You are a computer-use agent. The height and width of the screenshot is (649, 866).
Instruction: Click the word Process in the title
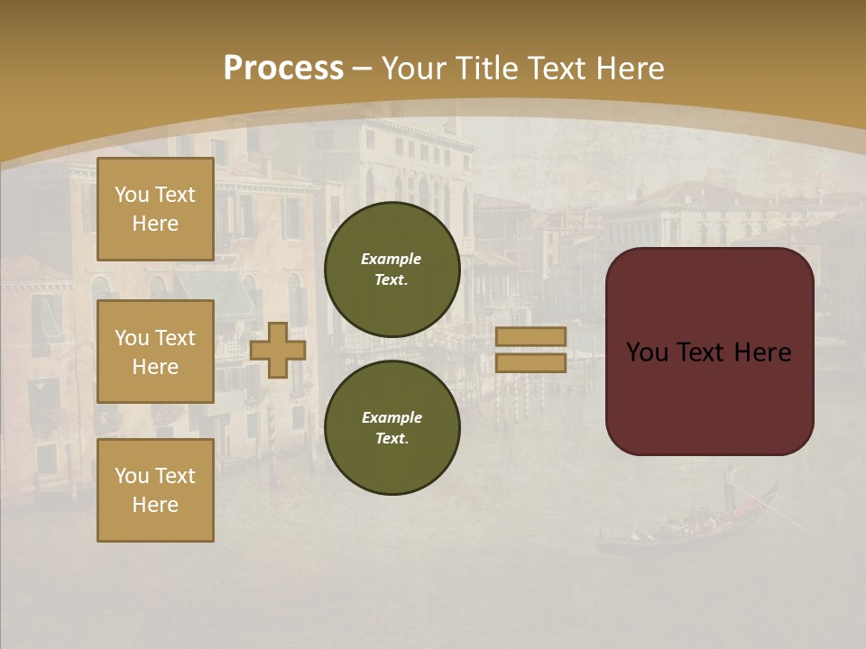tap(283, 69)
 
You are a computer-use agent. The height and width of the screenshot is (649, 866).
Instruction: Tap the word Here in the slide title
tap(629, 69)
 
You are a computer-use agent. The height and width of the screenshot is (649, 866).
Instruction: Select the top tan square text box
tap(155, 209)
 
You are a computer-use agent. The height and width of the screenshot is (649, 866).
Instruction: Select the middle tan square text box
tap(155, 352)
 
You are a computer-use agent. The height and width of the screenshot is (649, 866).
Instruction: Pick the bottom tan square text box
tap(155, 490)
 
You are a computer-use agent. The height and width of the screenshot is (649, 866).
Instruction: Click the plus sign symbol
tap(277, 350)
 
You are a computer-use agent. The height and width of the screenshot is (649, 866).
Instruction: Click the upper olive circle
tap(392, 270)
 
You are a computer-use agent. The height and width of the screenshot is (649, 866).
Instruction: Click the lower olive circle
tap(392, 428)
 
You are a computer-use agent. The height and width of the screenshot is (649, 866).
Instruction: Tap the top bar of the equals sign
tap(530, 336)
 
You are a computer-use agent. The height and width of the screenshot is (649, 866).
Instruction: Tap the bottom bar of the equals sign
tap(530, 362)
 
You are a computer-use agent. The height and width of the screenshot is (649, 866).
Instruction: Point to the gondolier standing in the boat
tap(730, 487)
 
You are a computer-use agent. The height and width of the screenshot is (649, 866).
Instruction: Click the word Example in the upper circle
tap(391, 259)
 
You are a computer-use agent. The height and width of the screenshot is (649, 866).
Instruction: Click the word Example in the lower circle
tap(392, 417)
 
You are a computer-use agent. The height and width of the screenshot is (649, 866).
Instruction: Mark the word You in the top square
tap(132, 195)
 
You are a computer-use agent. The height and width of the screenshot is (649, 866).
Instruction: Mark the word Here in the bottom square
tap(155, 505)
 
